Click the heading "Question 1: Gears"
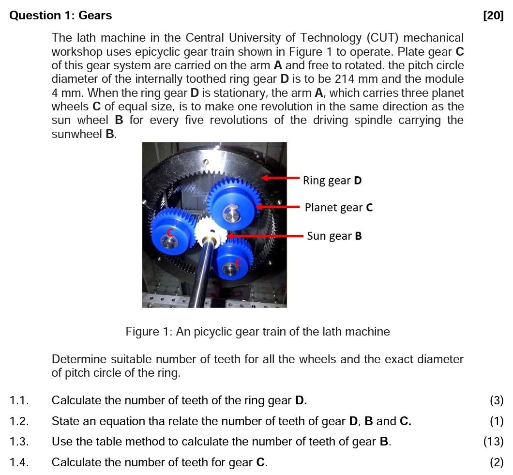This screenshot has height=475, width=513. coord(60,15)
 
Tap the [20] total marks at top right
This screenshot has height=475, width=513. coord(493,15)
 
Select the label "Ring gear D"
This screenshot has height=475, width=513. coord(332,181)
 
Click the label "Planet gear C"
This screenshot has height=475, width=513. coord(338,208)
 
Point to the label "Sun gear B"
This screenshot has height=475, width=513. coord(334,236)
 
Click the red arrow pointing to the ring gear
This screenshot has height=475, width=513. coord(281,178)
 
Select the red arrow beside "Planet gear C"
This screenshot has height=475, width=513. coord(279,207)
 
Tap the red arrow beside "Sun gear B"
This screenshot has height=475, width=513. coord(266,236)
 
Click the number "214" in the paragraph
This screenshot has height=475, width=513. coord(344,79)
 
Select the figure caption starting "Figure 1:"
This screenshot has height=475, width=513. coord(257,332)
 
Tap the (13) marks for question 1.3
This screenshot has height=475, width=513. coord(493,442)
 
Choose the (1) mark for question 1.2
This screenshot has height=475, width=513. coord(496,421)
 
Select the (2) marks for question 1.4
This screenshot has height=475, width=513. coord(496,462)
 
